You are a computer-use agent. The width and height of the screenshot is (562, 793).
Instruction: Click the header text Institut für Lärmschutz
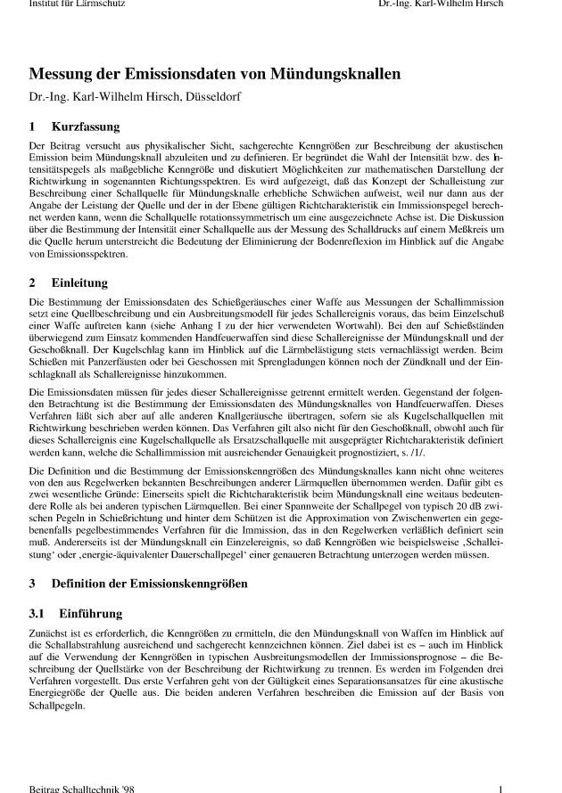pos(76,4)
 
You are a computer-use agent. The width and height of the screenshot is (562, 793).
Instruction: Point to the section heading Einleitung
pos(79,283)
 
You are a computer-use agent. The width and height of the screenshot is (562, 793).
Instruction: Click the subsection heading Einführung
pos(90,614)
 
